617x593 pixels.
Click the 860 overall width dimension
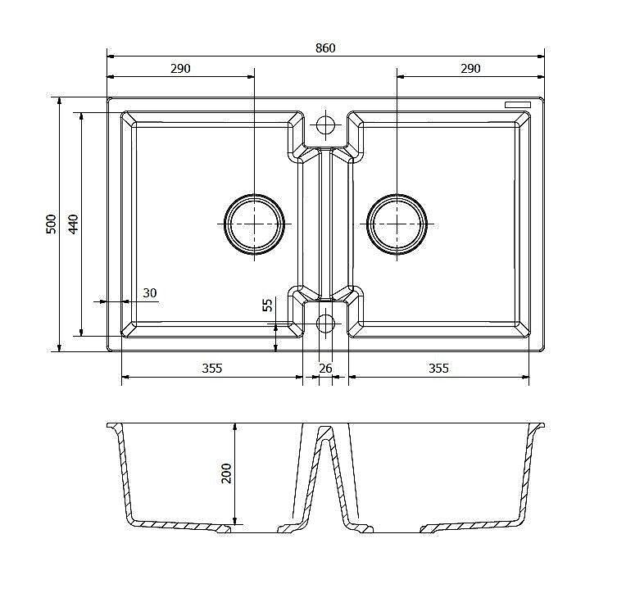click(x=325, y=48)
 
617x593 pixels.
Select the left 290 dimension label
click(x=180, y=69)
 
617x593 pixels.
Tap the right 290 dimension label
click(x=470, y=69)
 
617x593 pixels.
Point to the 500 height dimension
click(x=52, y=224)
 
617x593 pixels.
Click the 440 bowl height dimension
click(x=74, y=224)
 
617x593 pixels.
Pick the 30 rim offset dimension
click(x=150, y=293)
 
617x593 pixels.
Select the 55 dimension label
click(x=268, y=306)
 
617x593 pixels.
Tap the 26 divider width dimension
click(x=325, y=369)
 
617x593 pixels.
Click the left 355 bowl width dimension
click(x=212, y=369)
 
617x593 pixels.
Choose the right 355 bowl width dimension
click(x=438, y=369)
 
